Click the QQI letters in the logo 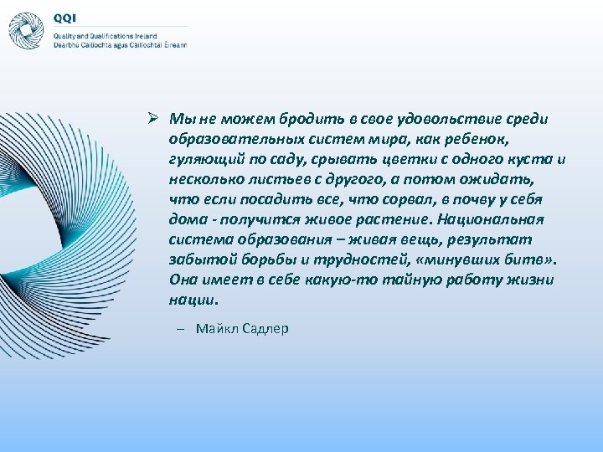[x=64, y=17]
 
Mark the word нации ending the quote [x=192, y=300]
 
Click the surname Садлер [x=265, y=328]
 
